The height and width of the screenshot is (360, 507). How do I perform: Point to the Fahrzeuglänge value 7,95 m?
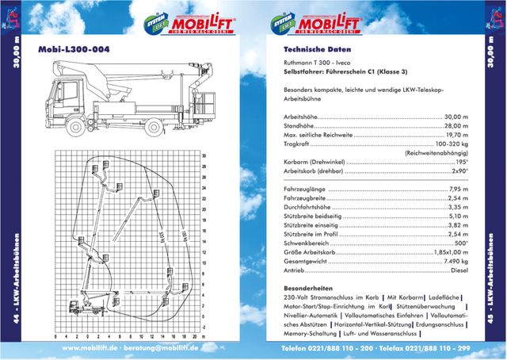click(457, 190)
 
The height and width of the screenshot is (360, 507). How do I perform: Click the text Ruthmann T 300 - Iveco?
click(314, 63)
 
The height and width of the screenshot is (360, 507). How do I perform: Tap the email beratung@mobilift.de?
click(162, 348)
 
